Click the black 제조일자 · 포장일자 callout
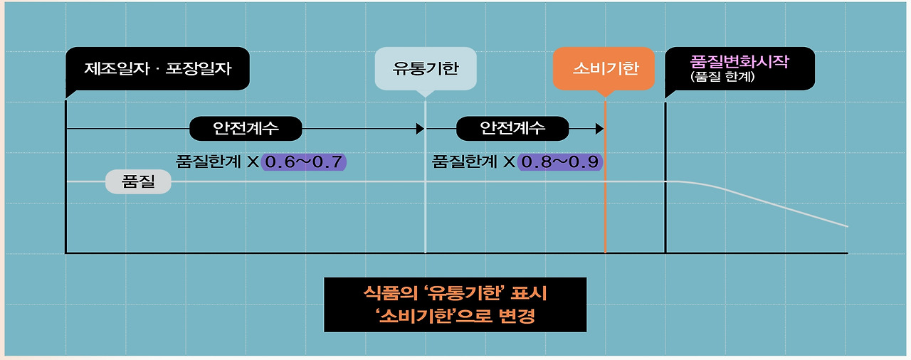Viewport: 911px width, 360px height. [157, 69]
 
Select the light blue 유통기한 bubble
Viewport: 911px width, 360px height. [425, 69]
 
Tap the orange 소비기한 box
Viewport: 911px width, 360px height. [604, 69]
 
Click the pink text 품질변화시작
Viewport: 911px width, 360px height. [739, 61]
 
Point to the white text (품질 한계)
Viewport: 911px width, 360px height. [722, 77]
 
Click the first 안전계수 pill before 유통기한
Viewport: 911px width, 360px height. [246, 129]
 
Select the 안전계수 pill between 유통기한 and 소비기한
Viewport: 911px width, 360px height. [512, 129]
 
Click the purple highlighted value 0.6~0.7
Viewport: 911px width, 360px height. [304, 162]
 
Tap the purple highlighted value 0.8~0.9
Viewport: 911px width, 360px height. [561, 162]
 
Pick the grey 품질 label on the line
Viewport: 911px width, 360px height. [138, 182]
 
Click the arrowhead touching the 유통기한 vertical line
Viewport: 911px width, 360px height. [420, 129]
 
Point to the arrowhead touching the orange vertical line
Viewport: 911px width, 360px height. [599, 129]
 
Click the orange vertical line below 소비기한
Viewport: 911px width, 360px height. [605, 206]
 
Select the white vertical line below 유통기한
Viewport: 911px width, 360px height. [425, 213]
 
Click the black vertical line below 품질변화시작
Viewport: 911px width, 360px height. [665, 213]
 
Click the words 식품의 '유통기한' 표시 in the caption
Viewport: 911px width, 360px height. [455, 293]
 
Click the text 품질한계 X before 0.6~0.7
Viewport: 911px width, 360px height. [216, 162]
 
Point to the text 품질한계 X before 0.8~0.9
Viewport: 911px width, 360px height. [473, 162]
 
